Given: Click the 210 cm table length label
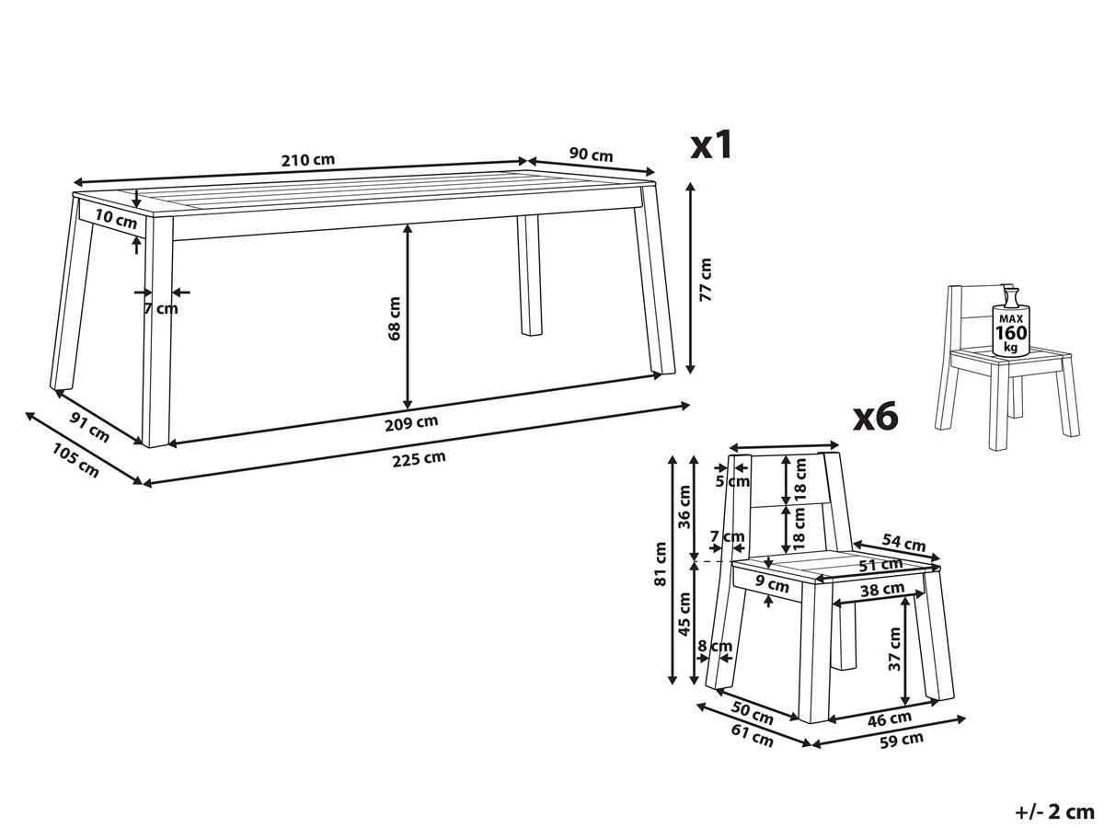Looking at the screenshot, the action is click(308, 160).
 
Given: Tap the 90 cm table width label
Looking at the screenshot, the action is click(591, 154).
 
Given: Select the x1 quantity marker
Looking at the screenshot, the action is click(711, 145).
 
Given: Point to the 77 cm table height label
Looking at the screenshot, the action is click(706, 280).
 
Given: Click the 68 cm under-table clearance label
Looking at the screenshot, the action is click(395, 318).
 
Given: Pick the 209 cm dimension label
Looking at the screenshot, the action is click(411, 423).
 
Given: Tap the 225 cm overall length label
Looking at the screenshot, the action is click(419, 458).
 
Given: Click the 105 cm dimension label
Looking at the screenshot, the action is click(75, 460).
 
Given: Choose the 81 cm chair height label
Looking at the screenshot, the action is click(660, 564).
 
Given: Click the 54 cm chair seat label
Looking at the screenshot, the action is click(903, 543).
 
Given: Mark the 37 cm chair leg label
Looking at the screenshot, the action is click(894, 649).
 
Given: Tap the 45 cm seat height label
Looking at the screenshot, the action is click(685, 614).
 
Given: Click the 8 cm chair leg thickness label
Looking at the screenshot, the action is click(715, 646).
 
